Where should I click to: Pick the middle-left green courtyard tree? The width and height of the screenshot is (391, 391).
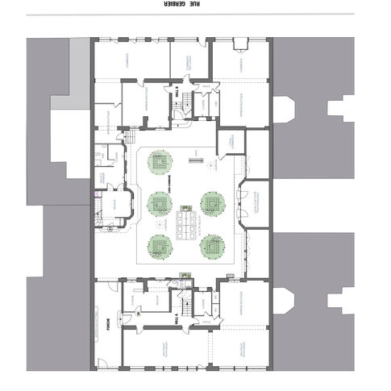point(158,202)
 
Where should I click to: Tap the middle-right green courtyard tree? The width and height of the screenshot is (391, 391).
point(211,202)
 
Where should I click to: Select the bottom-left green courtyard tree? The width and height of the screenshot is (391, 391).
point(158,245)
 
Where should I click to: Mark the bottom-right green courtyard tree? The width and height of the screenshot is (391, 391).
point(211,245)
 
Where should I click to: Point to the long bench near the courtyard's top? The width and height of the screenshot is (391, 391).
point(194,161)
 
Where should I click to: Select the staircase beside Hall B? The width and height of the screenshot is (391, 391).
point(189,102)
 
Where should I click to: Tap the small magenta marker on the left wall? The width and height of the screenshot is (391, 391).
point(95,193)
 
